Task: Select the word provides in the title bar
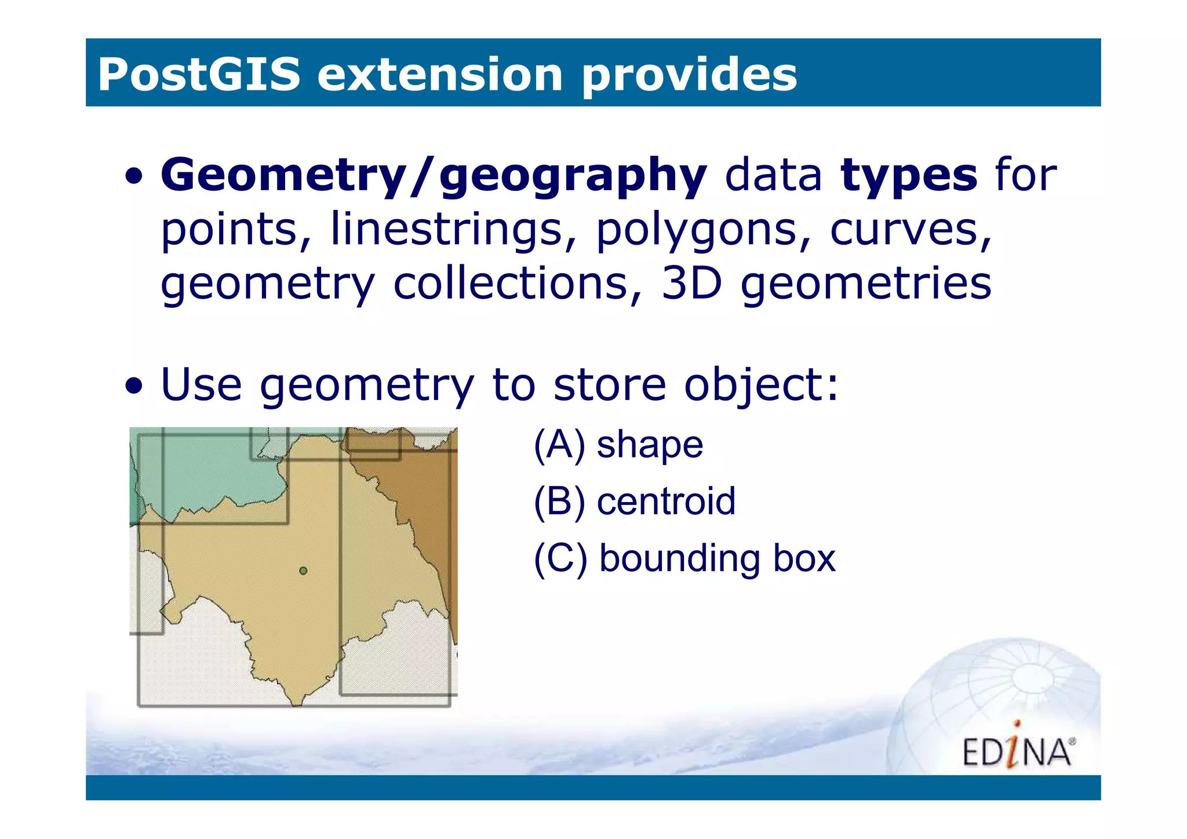689,75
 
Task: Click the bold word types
909,175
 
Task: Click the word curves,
911,230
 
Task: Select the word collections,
518,284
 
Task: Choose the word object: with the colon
761,385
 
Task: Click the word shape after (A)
650,445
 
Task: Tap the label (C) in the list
560,558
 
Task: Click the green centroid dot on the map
303,571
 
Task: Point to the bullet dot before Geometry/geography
134,177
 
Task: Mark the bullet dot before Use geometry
134,386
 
